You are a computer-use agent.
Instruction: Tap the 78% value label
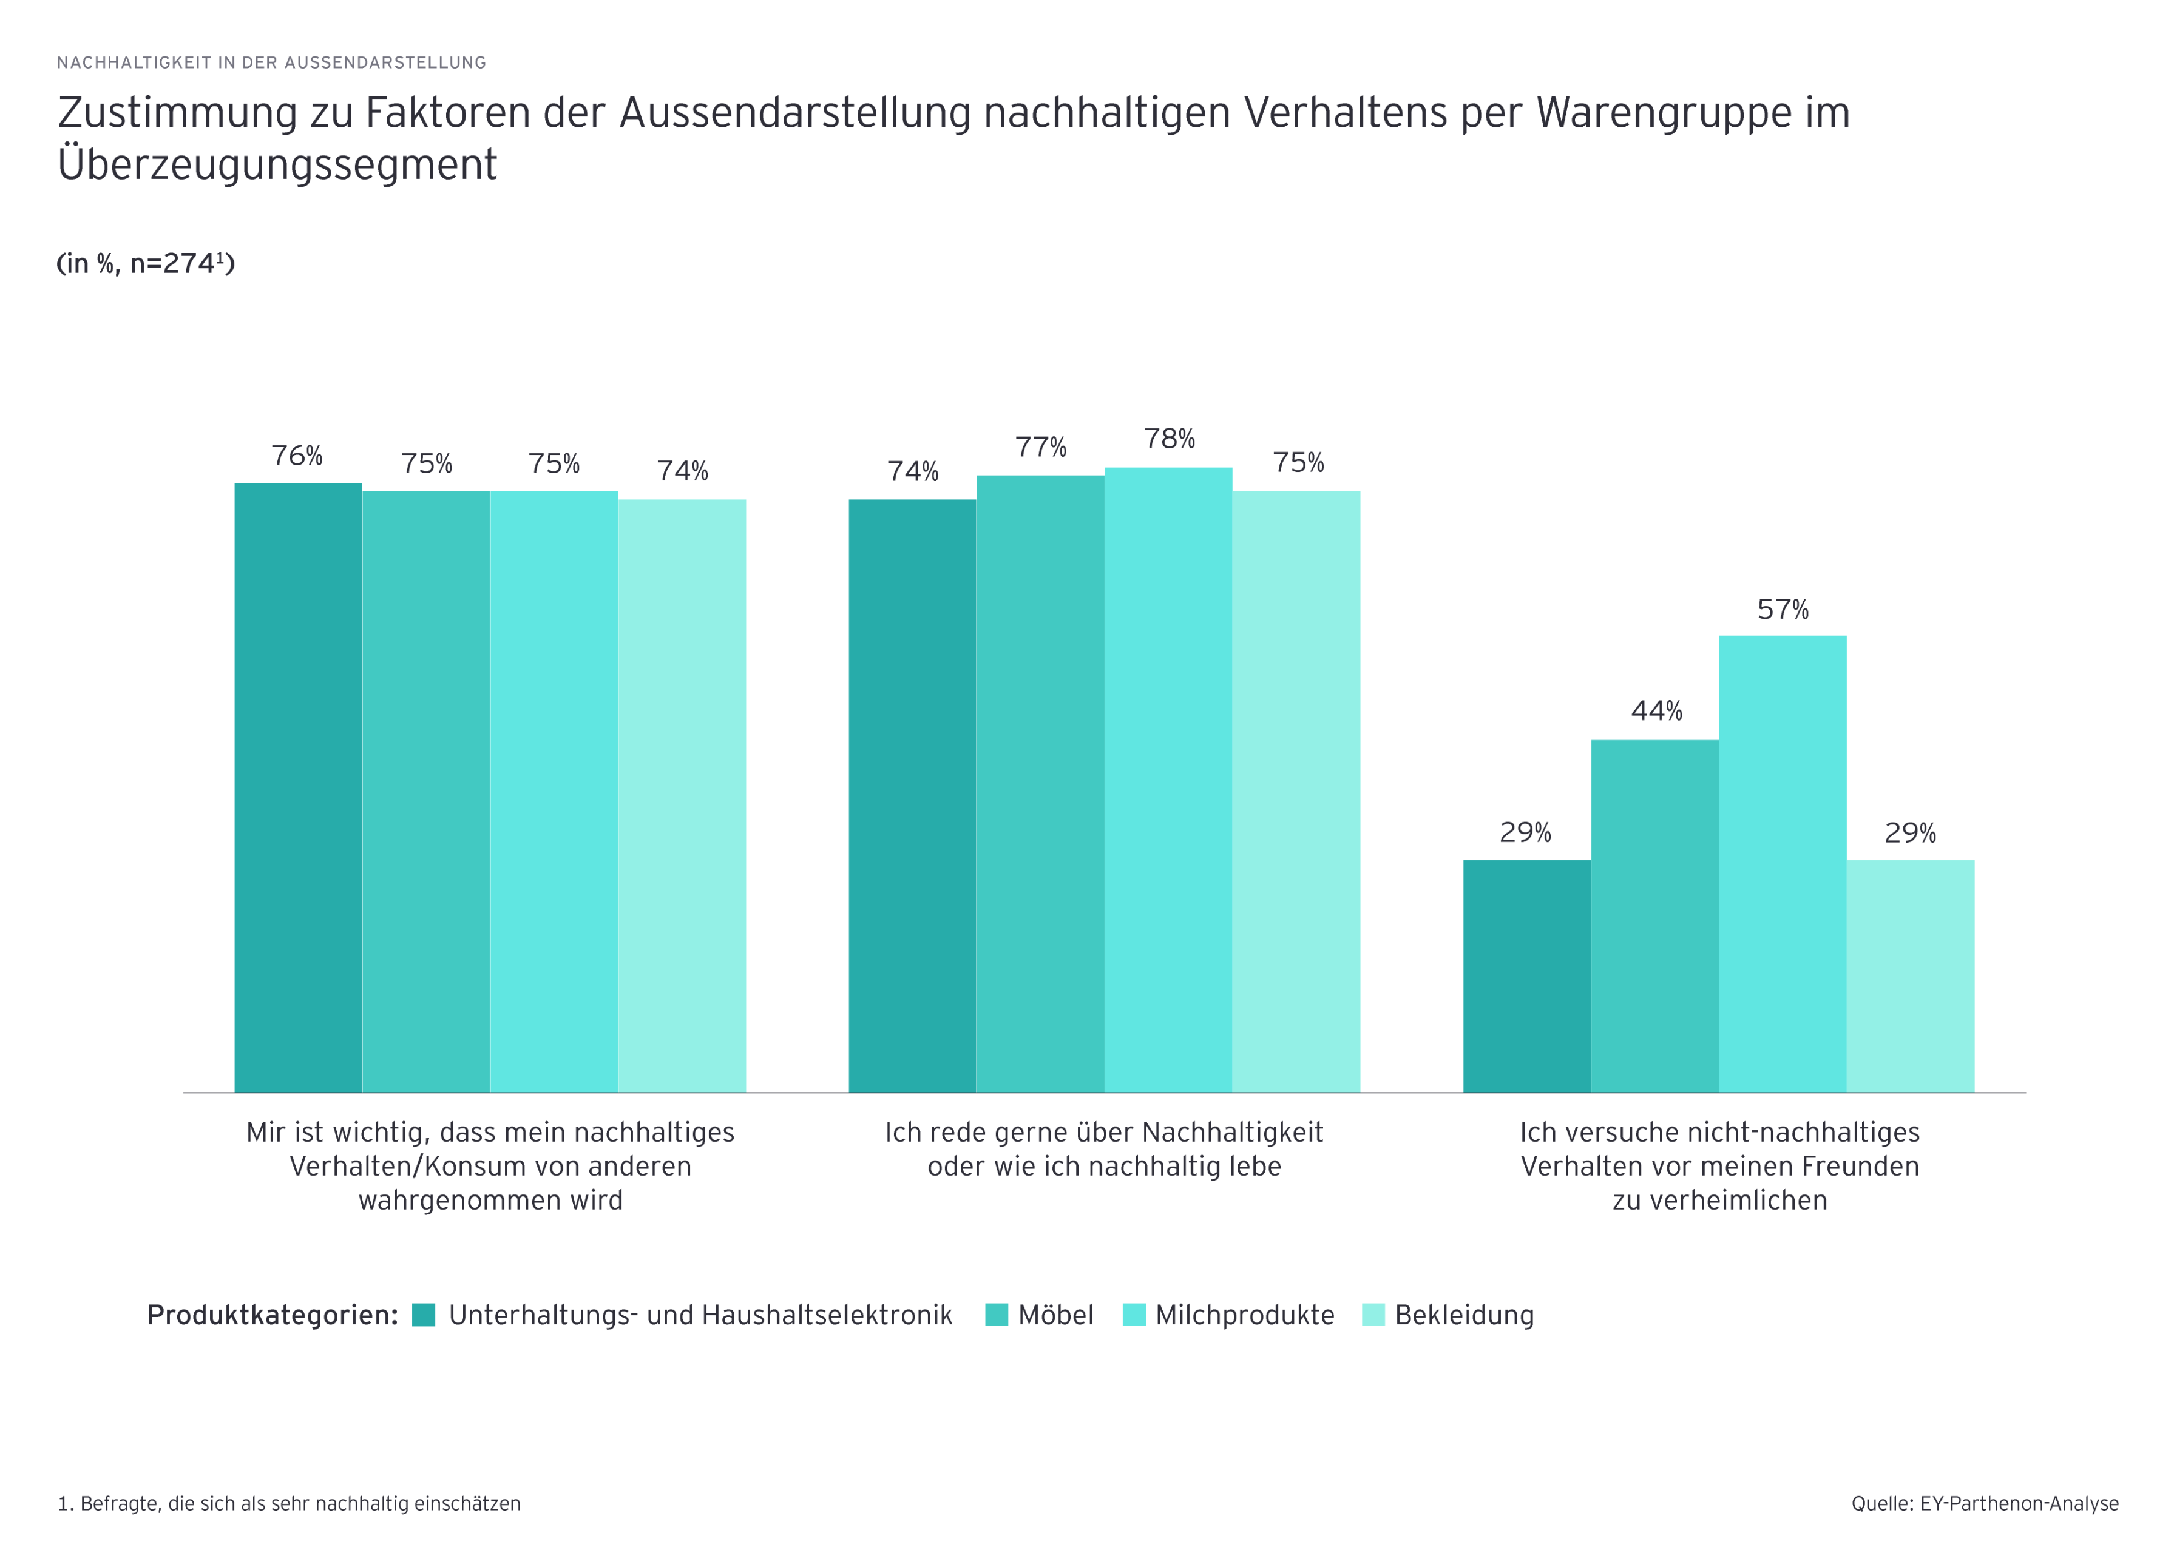coord(1169,439)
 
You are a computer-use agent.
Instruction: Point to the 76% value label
coord(297,456)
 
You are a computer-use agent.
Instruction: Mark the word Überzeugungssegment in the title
coord(277,164)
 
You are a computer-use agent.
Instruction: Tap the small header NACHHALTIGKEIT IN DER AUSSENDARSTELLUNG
coord(272,63)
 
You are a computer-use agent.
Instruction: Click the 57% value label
coord(1782,610)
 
